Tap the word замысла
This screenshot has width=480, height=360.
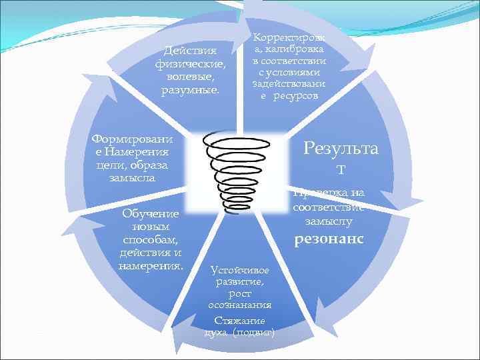pos(131,178)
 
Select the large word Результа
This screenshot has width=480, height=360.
pos(341,148)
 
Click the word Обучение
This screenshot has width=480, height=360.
pos(151,213)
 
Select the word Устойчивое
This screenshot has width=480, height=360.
pos(239,270)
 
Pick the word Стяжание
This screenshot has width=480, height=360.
pos(239,321)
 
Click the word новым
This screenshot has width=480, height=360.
pos(151,227)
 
